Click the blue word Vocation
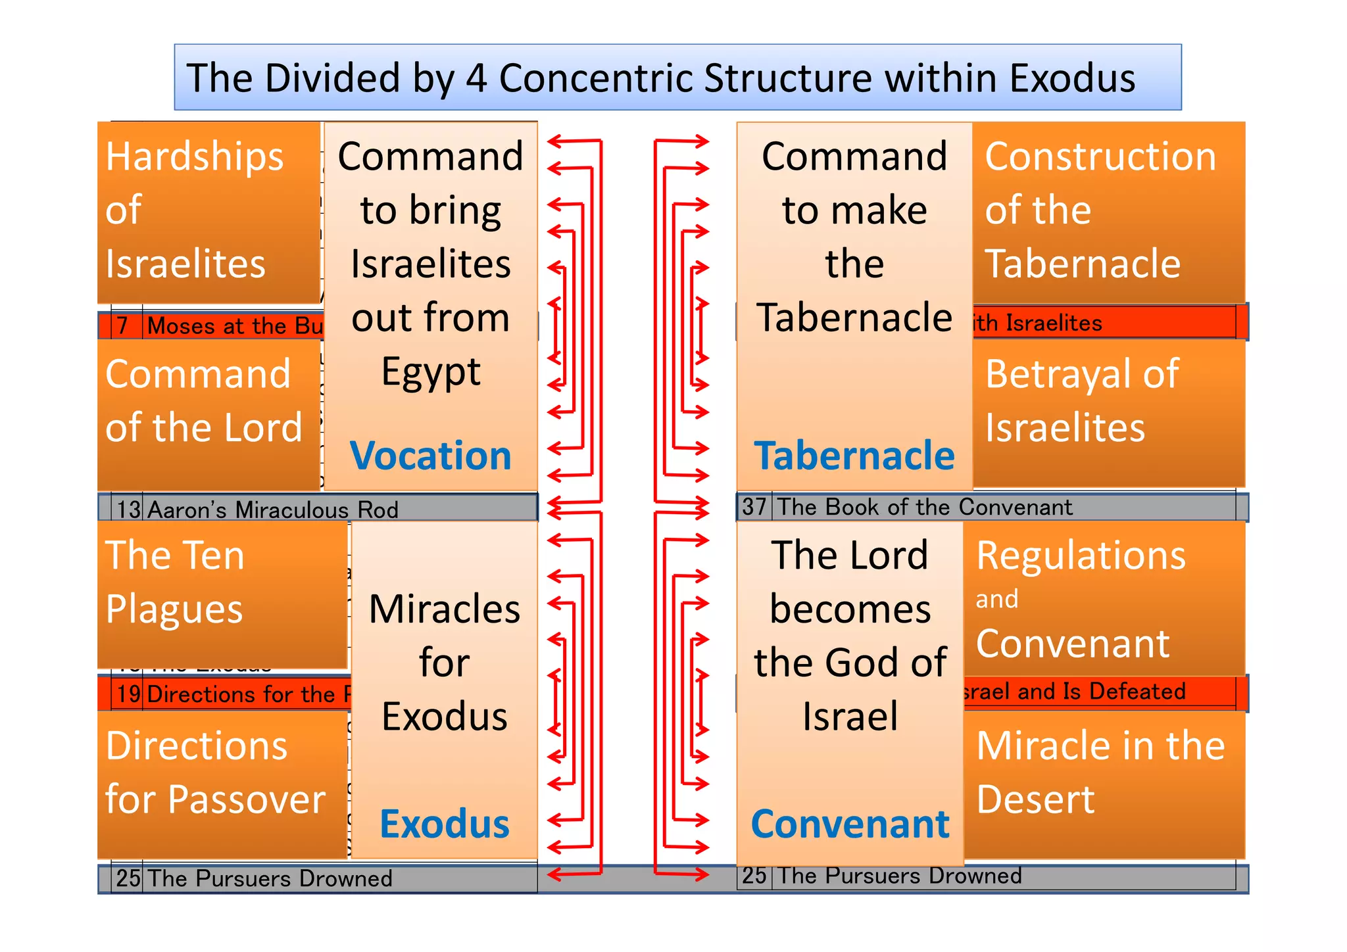431,456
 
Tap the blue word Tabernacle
854,456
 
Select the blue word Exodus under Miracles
445,824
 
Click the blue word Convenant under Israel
850,824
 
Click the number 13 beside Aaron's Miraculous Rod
129,510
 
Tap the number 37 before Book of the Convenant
754,507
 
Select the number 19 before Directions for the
129,694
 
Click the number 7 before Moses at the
122,325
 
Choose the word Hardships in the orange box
195,157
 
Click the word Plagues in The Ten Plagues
174,609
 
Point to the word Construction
1100,157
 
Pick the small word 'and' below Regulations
997,600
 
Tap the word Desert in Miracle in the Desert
1036,800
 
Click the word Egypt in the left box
431,372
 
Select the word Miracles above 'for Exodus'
445,609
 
